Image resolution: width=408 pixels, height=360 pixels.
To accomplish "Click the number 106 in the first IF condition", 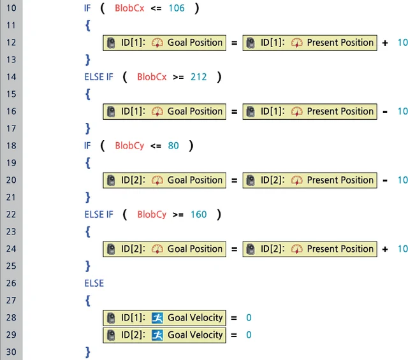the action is click(x=177, y=8).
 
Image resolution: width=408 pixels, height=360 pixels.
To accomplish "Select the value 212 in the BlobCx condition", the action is click(x=199, y=77).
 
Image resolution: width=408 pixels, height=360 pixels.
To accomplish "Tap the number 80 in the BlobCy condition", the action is click(x=173, y=146).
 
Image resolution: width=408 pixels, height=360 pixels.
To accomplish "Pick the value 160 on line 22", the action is click(x=199, y=215).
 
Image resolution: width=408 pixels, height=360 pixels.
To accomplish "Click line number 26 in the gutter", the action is click(x=11, y=283).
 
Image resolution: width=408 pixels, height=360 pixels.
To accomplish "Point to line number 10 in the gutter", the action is click(x=11, y=8).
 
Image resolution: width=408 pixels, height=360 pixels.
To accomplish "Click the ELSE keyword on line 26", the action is click(x=94, y=284).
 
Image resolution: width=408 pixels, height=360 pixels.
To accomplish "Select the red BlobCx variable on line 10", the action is click(x=129, y=8).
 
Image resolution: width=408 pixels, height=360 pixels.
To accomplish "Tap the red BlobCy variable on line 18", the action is click(x=129, y=146).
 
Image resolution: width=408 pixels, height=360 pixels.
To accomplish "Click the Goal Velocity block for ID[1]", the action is click(x=164, y=318).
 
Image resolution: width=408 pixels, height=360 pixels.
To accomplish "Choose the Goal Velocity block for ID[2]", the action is click(x=164, y=335).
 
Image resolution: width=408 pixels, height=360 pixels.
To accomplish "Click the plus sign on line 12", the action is click(x=385, y=43).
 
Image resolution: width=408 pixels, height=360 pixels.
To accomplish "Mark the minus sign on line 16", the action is click(x=385, y=112).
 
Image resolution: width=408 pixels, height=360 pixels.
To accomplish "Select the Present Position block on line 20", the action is click(x=310, y=180).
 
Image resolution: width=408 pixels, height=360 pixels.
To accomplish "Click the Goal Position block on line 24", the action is click(x=164, y=249).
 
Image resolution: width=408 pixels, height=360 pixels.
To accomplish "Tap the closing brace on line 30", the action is click(x=88, y=352).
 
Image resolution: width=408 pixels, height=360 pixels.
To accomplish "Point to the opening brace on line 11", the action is click(x=88, y=25).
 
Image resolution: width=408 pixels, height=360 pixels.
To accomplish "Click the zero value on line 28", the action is click(x=249, y=317).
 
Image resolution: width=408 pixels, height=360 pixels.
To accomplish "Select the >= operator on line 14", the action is click(x=178, y=77).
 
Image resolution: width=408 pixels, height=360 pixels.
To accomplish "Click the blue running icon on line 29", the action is click(x=157, y=335).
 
